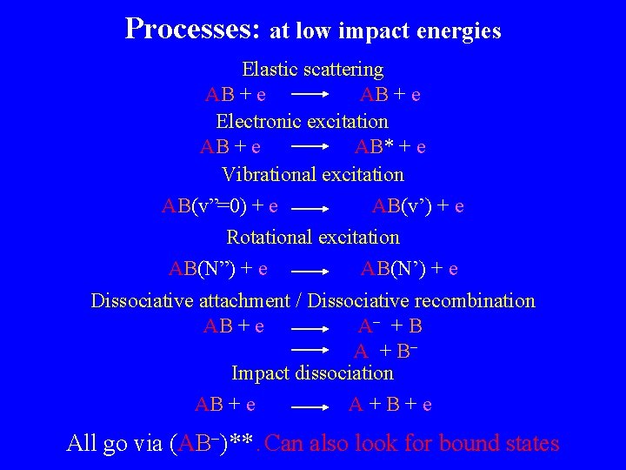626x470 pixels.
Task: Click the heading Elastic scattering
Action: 312,69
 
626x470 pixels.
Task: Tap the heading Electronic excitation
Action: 302,121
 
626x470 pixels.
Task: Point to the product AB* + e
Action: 390,147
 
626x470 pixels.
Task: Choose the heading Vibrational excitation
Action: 312,174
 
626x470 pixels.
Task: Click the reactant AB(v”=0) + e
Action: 220,206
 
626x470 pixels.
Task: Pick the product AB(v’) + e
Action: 417,206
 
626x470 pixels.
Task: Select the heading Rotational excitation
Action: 313,237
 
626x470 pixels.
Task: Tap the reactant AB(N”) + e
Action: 217,269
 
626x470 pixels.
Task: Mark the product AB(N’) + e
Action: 410,269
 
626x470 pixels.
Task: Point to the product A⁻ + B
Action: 390,326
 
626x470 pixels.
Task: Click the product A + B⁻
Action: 386,352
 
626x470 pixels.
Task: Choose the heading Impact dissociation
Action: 312,373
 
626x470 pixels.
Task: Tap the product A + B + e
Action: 390,405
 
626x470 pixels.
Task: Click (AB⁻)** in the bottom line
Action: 214,443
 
